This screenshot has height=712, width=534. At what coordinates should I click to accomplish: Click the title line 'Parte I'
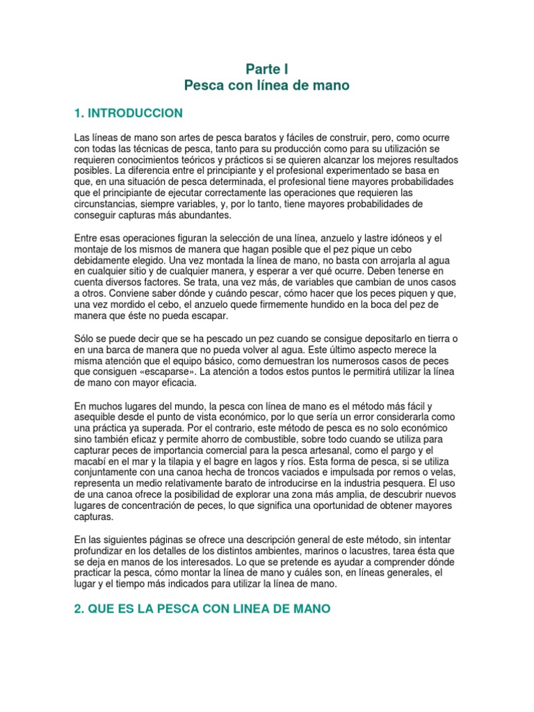coord(266,69)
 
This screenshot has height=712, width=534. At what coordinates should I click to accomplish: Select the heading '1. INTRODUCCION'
coord(129,113)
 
